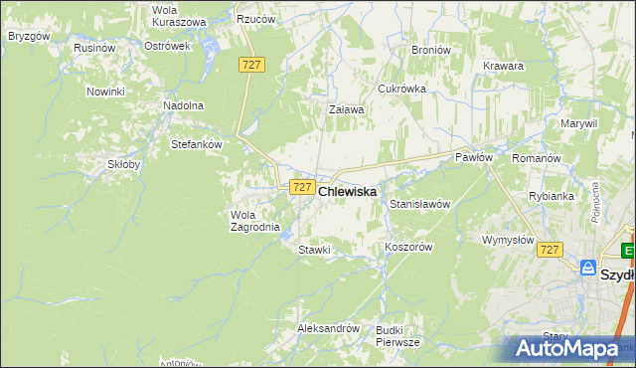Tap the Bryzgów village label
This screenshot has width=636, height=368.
point(28,35)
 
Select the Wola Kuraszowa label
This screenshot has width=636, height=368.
point(179,16)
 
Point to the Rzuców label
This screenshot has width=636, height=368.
point(254,19)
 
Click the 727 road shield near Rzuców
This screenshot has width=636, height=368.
point(251,64)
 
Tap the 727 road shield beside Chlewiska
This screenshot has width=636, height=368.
point(302,187)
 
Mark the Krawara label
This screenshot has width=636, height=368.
point(504,66)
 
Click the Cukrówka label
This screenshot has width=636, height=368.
point(401,89)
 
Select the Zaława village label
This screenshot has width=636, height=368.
point(347,110)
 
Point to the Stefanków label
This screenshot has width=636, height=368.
point(196,143)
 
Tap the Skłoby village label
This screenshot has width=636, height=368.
point(125,165)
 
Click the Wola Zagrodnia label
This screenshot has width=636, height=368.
point(256,221)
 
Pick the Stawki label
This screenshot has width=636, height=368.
point(314,250)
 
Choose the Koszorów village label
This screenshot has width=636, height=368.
point(408,248)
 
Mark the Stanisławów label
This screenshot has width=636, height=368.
point(420,204)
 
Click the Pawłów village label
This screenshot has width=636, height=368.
point(474,157)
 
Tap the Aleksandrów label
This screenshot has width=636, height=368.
point(327,327)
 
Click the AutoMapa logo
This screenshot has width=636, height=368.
point(567,348)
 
